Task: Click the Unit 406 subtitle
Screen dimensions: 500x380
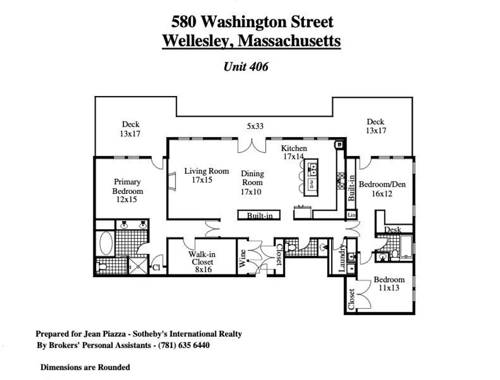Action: (x=246, y=66)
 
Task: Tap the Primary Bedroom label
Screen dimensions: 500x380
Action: (x=128, y=187)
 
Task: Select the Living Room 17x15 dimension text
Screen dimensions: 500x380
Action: (x=202, y=180)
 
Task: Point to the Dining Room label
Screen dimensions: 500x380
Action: (x=252, y=178)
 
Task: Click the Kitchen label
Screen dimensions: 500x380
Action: (x=294, y=148)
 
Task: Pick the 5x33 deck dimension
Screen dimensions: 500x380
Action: (x=255, y=126)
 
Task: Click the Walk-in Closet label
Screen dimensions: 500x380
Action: (x=202, y=258)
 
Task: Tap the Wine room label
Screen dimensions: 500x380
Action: (x=242, y=258)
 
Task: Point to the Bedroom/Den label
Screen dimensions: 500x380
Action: (x=382, y=184)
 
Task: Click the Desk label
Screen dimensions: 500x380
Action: (x=393, y=229)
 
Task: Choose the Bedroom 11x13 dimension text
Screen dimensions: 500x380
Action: (x=389, y=288)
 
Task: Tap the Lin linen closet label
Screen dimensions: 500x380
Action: (x=352, y=214)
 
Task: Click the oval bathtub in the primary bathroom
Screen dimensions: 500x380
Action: (x=106, y=243)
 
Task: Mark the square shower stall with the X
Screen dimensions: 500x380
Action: (x=138, y=266)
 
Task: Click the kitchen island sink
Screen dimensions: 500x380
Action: (x=312, y=168)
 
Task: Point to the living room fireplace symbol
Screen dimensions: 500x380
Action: (x=172, y=182)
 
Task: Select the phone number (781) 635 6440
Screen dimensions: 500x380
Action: (x=184, y=345)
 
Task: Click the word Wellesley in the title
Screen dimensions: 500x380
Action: (x=198, y=41)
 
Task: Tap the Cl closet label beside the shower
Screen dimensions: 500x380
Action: (x=156, y=268)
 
